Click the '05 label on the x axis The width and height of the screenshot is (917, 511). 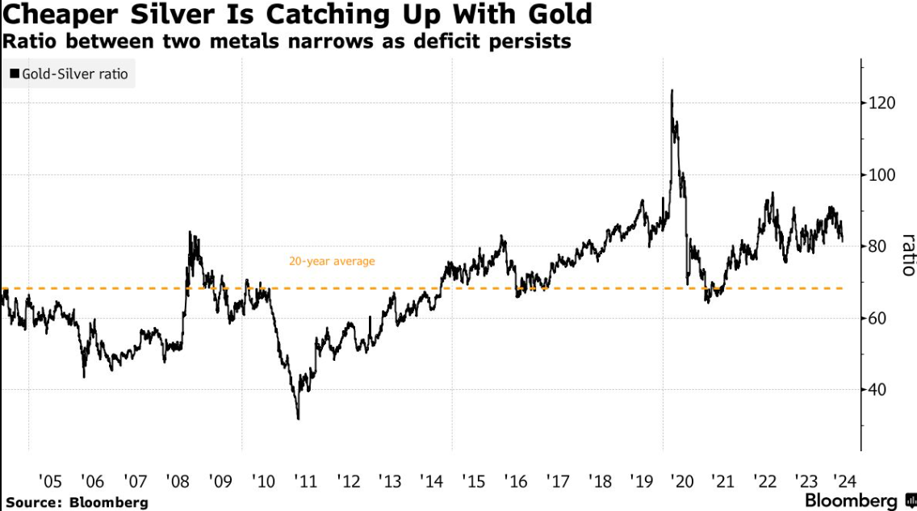point(49,482)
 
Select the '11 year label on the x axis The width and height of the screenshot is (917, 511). point(306,482)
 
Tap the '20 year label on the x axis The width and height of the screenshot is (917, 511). point(684,482)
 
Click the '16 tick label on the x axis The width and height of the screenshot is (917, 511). point(515,482)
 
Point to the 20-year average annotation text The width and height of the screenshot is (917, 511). point(332,262)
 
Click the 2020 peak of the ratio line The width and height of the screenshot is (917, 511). point(672,90)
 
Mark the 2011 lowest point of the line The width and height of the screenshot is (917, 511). point(298,418)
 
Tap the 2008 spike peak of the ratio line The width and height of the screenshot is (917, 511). point(190,232)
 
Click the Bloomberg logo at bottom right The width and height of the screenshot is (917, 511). point(856,501)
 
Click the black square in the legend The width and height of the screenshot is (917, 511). point(14,75)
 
